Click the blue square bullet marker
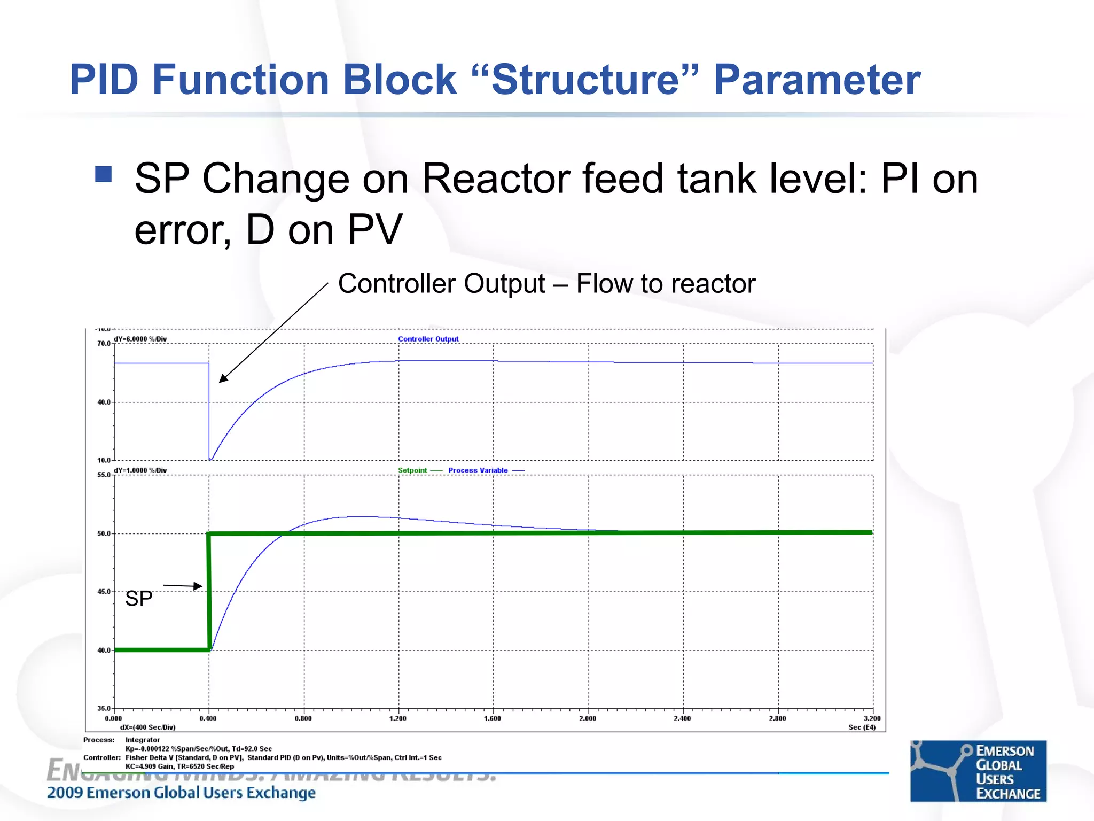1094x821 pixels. pyautogui.click(x=103, y=174)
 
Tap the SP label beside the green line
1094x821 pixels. pyautogui.click(x=139, y=599)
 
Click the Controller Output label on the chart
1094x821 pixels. pyautogui.click(x=428, y=339)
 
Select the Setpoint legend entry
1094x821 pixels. pyautogui.click(x=412, y=470)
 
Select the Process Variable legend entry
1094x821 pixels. pyautogui.click(x=478, y=470)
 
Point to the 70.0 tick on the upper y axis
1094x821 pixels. pyautogui.click(x=104, y=344)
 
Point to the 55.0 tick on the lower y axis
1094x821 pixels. pyautogui.click(x=104, y=475)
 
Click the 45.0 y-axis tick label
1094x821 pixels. pyautogui.click(x=104, y=592)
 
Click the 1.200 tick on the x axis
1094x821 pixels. pyautogui.click(x=398, y=718)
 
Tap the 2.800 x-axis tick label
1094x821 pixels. pyautogui.click(x=777, y=718)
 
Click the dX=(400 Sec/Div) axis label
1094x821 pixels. pyautogui.click(x=147, y=727)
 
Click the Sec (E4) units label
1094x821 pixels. pyautogui.click(x=862, y=727)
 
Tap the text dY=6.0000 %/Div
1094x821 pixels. pyautogui.click(x=140, y=339)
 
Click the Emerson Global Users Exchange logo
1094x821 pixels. pyautogui.click(x=978, y=771)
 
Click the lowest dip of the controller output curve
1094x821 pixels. pyautogui.click(x=210, y=459)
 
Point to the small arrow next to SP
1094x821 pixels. pyautogui.click(x=183, y=586)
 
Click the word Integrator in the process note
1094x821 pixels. pyautogui.click(x=143, y=740)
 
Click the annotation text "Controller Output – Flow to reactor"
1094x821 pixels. pyautogui.click(x=546, y=284)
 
